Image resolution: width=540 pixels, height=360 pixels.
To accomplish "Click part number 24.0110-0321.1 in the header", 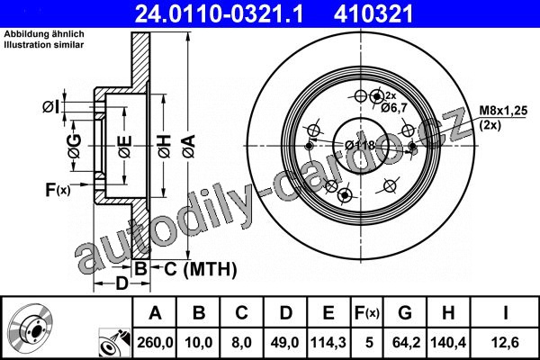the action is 220,14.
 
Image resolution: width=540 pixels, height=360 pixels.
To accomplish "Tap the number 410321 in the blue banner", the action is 373,14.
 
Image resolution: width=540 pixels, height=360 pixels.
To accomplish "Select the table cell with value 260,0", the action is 155,342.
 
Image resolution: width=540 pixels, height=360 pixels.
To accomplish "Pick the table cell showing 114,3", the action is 328,342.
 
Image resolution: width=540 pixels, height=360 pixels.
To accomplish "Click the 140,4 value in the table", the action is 448,342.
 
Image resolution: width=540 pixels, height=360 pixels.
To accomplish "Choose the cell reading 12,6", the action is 505,342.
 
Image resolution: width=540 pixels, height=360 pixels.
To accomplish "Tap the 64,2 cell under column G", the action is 406,342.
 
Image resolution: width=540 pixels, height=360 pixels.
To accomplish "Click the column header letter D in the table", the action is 286,313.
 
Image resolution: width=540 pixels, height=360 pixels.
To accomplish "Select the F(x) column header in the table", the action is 367,313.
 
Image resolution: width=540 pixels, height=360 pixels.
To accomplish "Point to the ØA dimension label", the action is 189,147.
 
